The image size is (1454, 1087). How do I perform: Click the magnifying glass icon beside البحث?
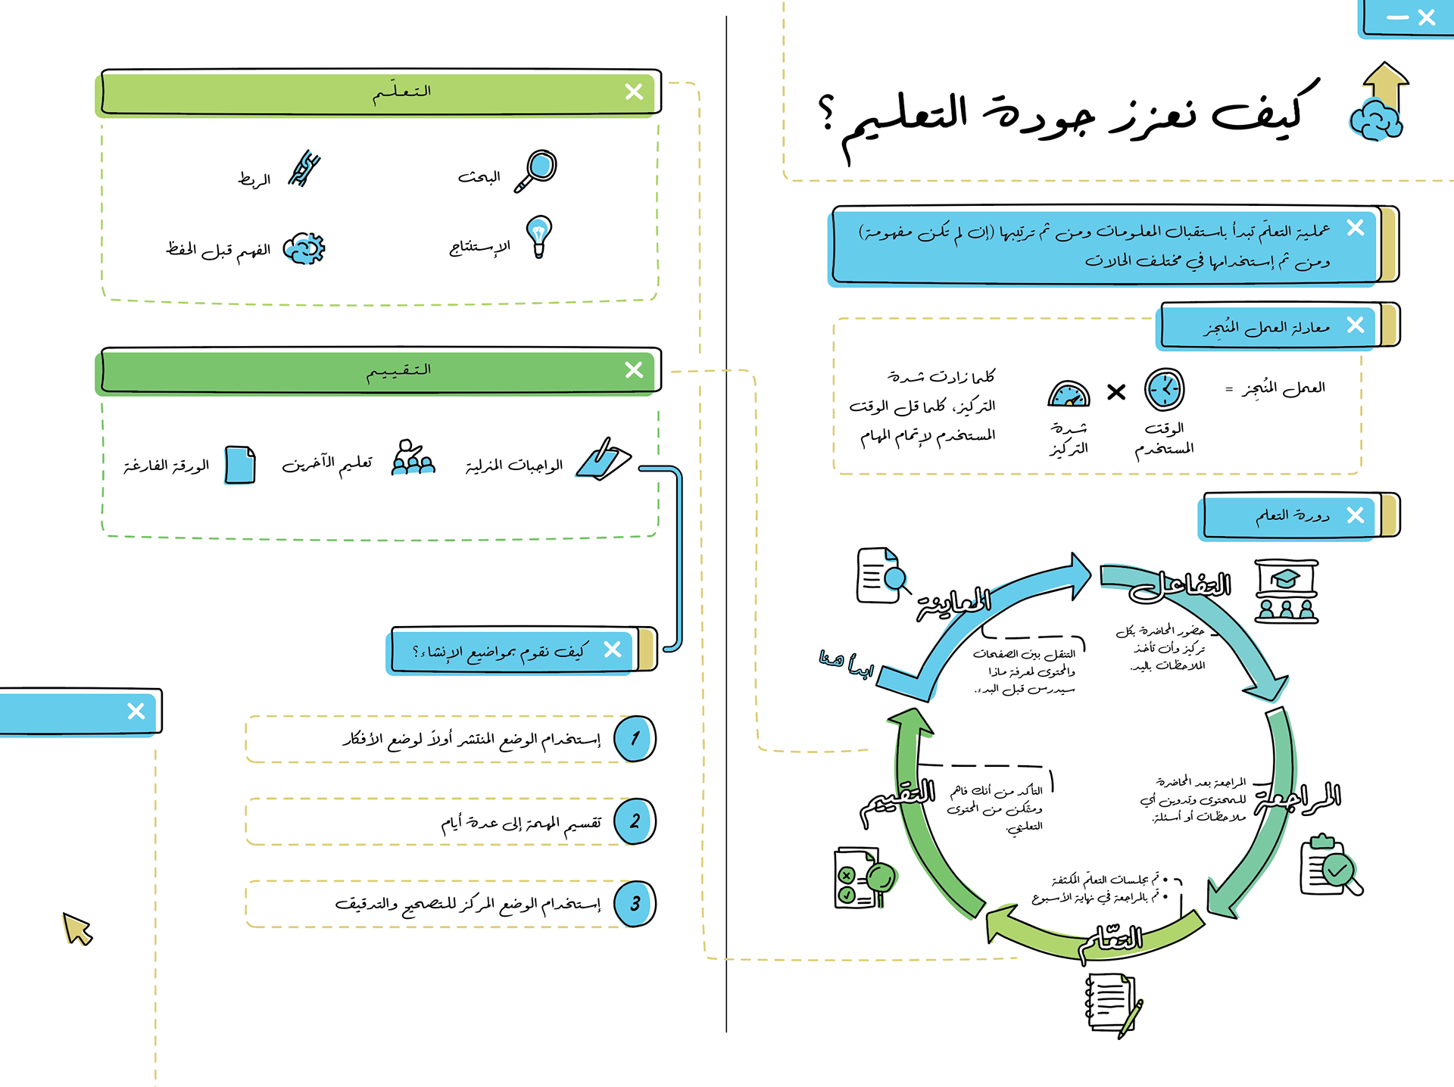(x=537, y=170)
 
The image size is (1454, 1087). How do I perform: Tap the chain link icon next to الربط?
(x=304, y=168)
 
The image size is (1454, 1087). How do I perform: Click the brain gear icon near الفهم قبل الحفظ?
(x=304, y=248)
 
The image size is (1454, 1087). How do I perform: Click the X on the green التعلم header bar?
(x=634, y=92)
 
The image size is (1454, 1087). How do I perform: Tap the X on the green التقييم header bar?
(x=634, y=369)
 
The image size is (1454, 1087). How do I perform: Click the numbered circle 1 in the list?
(x=635, y=739)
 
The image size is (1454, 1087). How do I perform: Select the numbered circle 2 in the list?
(x=635, y=821)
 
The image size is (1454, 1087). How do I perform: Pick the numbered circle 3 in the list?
(x=635, y=903)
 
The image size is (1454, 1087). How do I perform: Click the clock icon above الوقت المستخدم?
(x=1164, y=390)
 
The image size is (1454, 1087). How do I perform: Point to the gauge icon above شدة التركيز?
(x=1069, y=394)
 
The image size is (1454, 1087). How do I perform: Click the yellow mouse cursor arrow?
(x=77, y=929)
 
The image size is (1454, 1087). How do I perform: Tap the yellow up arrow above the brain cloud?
(x=1385, y=87)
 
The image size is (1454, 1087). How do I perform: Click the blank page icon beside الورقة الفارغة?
(x=240, y=464)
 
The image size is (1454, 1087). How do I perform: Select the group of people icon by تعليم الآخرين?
(x=413, y=458)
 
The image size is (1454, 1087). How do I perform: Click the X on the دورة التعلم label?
(x=1356, y=515)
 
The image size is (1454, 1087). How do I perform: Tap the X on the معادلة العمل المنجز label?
(x=1356, y=325)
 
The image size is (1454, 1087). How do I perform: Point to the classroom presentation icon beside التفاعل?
(x=1286, y=591)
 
